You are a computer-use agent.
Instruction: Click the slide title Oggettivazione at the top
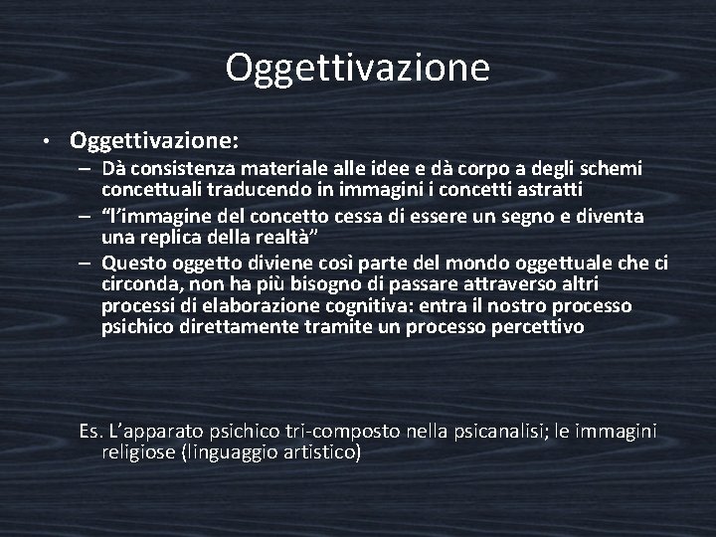[x=357, y=69]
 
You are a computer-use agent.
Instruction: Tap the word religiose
[x=136, y=452]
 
